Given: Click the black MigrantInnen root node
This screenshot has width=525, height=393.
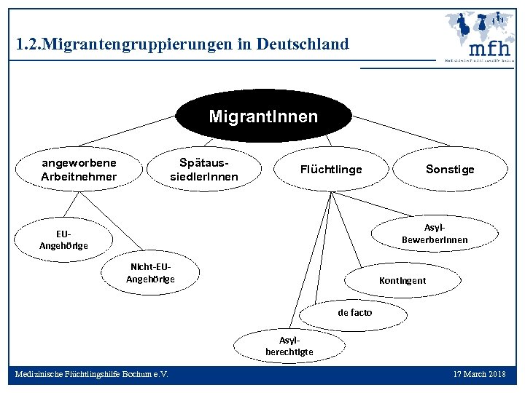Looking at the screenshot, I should [x=263, y=116].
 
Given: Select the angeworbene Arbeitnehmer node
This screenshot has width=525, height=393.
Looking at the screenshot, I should [x=79, y=170].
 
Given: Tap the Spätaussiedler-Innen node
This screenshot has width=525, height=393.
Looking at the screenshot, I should [x=204, y=170].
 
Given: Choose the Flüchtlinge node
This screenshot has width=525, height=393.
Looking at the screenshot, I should [x=331, y=170].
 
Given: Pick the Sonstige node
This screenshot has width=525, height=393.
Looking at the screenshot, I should [x=450, y=170].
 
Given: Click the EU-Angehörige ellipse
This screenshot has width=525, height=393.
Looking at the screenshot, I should [x=63, y=239].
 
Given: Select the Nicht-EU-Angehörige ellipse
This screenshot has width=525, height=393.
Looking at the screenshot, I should [x=151, y=272].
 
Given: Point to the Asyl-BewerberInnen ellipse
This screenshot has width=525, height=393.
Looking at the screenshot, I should [x=435, y=234].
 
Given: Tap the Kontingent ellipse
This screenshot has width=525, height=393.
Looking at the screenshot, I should [x=402, y=280].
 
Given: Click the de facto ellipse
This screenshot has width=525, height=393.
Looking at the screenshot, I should [x=354, y=313].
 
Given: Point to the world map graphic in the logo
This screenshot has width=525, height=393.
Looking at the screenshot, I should [x=481, y=25].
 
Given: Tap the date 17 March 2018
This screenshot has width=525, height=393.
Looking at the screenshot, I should [x=479, y=374].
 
